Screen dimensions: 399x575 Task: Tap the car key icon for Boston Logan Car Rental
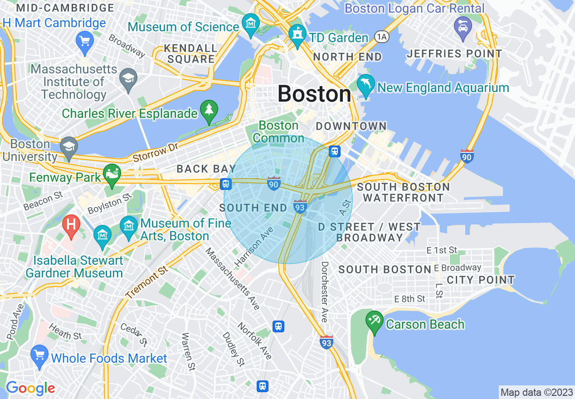tap(463, 27)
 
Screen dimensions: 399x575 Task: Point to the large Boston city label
tap(314, 94)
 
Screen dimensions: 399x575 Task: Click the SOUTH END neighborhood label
tap(253, 208)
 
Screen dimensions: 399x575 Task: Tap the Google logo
tap(30, 388)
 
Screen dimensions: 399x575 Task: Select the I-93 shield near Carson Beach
tap(326, 342)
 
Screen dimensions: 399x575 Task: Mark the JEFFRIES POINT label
tap(454, 54)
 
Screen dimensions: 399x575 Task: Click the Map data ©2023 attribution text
tap(536, 392)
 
